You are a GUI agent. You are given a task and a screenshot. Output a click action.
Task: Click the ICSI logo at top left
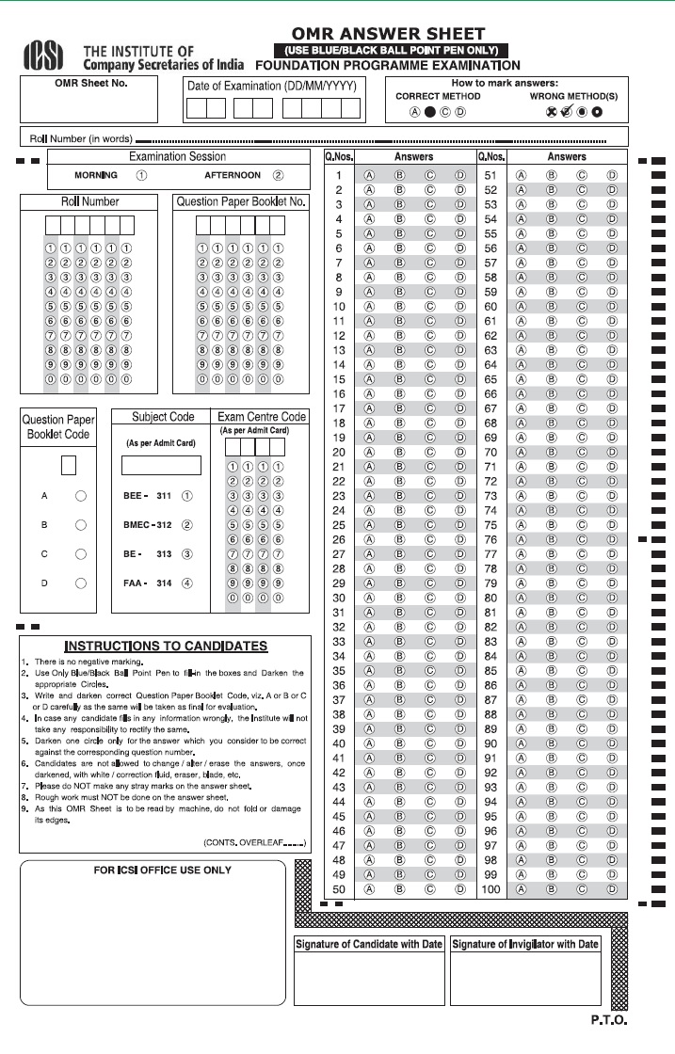click(44, 56)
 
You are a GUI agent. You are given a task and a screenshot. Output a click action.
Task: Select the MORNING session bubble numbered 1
click(140, 175)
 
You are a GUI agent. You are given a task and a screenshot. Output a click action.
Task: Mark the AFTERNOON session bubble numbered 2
click(278, 175)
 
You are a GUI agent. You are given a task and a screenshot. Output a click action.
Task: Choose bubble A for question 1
click(370, 176)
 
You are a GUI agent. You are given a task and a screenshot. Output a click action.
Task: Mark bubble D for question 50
click(459, 888)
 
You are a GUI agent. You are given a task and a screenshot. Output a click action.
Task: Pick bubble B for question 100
click(551, 888)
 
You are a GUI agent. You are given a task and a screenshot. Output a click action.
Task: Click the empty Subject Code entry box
click(161, 465)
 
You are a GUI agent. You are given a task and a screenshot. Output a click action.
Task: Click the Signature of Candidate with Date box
click(369, 979)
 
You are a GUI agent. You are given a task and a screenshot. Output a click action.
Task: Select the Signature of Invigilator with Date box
click(525, 979)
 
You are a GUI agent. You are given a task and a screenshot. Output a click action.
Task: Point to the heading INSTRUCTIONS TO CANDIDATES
click(165, 647)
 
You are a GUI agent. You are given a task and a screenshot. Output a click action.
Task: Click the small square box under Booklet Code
click(68, 465)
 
